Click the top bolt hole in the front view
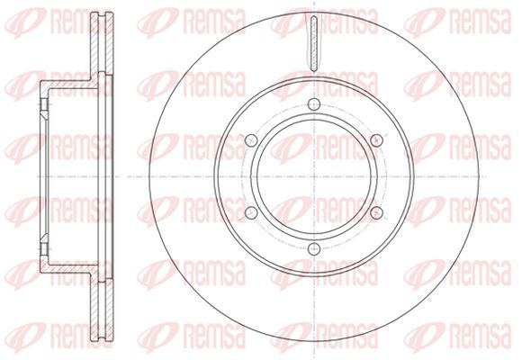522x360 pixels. (x=314, y=104)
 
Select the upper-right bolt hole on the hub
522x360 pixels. (x=376, y=140)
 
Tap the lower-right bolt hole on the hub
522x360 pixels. (x=376, y=212)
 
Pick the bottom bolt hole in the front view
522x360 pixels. (x=314, y=248)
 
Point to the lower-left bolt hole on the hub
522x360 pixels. (x=251, y=212)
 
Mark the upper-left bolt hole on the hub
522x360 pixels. (x=251, y=140)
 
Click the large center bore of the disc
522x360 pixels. (x=314, y=176)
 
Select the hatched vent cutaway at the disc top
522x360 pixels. (x=314, y=43)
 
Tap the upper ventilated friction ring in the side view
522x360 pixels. (x=102, y=43)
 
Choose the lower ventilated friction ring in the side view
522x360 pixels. (x=102, y=309)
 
